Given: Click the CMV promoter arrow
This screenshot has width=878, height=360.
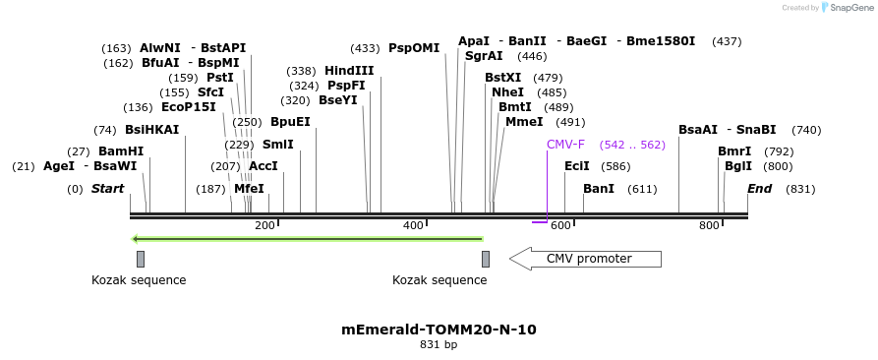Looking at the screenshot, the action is coord(585,259).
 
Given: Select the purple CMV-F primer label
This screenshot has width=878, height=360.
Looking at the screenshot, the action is coord(565,145).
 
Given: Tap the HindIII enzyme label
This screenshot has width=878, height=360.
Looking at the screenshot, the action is coord(349,71).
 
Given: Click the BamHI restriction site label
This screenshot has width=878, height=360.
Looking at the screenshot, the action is coord(120,151).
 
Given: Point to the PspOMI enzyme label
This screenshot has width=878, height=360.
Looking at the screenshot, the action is coord(414,48).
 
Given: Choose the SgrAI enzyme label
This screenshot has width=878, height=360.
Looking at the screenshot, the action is coord(484,56).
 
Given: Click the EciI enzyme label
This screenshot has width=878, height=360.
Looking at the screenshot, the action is coord(577,166).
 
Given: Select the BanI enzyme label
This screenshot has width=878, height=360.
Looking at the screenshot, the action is coord(599,189).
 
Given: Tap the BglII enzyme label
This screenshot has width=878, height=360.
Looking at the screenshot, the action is coord(738,166).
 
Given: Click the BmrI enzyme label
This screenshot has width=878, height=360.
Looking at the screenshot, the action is coord(734,151).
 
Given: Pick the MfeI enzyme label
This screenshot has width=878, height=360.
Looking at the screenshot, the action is coord(249,189).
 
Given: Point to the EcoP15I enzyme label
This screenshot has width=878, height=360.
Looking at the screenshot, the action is coord(188,107).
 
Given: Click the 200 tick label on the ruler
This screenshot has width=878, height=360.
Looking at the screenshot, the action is coord(264,226).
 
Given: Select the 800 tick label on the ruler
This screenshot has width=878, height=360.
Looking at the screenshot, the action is coord(709,226).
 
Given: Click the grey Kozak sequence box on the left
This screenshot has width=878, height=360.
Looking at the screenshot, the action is coord(141,259).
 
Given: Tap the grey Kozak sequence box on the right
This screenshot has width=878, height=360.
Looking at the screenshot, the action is coord(486,259).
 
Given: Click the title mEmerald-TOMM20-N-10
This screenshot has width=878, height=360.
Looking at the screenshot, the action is coord(439,330).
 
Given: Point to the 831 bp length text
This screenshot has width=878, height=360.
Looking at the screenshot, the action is coord(439,345).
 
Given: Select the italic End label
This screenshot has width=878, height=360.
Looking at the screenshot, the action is coord(759,189).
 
